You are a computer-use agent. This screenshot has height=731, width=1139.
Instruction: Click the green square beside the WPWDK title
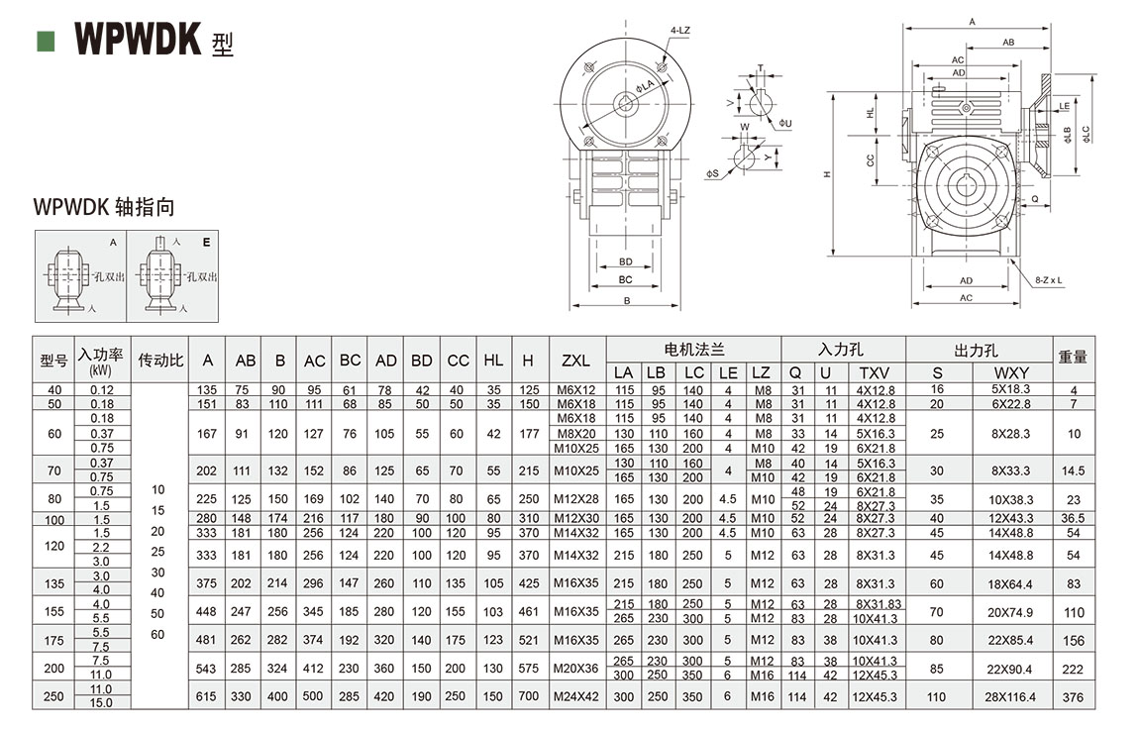click(x=46, y=41)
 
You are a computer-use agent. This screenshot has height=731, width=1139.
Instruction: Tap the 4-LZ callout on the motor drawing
click(x=679, y=31)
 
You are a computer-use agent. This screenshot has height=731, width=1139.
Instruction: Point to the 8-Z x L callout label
click(x=1048, y=279)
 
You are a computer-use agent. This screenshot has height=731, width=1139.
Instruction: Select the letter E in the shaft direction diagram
click(x=206, y=242)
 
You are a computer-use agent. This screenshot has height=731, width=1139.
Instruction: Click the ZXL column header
click(x=576, y=361)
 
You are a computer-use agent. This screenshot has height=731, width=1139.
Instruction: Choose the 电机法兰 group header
click(x=693, y=350)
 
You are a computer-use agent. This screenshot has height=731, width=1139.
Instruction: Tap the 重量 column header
click(x=1073, y=357)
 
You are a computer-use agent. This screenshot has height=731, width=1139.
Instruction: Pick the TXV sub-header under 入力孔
click(x=874, y=372)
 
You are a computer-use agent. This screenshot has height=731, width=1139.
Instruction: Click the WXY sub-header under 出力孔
click(x=1011, y=372)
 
